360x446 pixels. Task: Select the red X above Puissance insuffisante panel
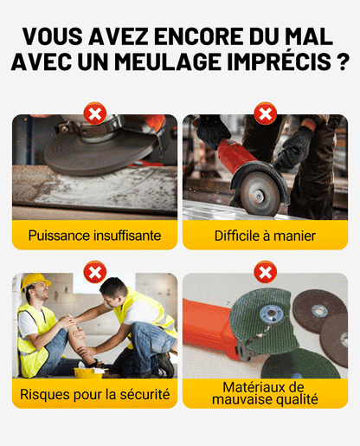pos(94,113)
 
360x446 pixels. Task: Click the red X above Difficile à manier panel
pos(265,113)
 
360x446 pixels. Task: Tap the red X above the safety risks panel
pos(94,274)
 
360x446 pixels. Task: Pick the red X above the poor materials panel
pos(265,274)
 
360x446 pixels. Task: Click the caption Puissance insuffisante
pos(94,235)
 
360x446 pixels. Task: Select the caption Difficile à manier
pos(265,235)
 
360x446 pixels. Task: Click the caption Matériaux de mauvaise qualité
pos(265,393)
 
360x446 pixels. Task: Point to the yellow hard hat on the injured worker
pos(35,282)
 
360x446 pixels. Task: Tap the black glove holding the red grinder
pos(294,147)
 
